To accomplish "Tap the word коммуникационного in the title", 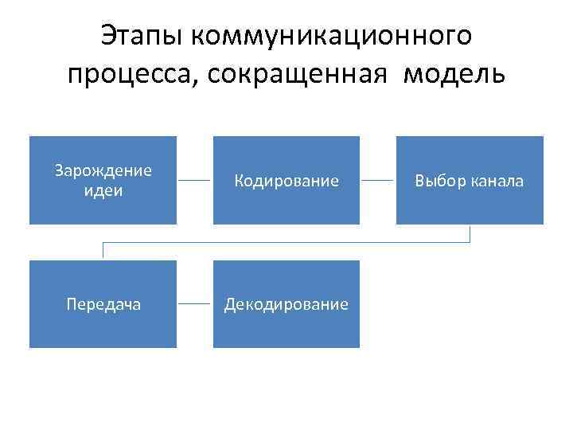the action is coord(331,35).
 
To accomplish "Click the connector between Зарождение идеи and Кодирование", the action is coord(195,181).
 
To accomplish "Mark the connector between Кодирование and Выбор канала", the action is coord(378,181).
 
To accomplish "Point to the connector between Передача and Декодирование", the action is coord(195,304).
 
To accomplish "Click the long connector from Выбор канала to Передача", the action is coord(286,242).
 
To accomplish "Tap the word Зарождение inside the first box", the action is coord(103,171).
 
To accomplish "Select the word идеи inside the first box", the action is coord(103,191).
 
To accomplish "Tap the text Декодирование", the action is coord(286,304).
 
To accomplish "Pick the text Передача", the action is coord(103,304).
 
